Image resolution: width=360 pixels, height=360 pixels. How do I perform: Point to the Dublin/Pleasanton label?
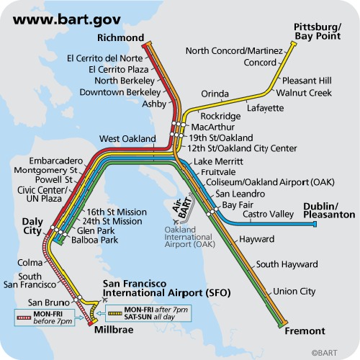tap(329, 210)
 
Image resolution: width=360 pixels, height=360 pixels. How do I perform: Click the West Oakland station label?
tap(127, 138)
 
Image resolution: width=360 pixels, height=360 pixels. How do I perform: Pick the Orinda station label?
tap(215, 94)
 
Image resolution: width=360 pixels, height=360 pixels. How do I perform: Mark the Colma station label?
tap(30, 263)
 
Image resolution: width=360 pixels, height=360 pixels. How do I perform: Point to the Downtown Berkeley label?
tap(120, 92)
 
